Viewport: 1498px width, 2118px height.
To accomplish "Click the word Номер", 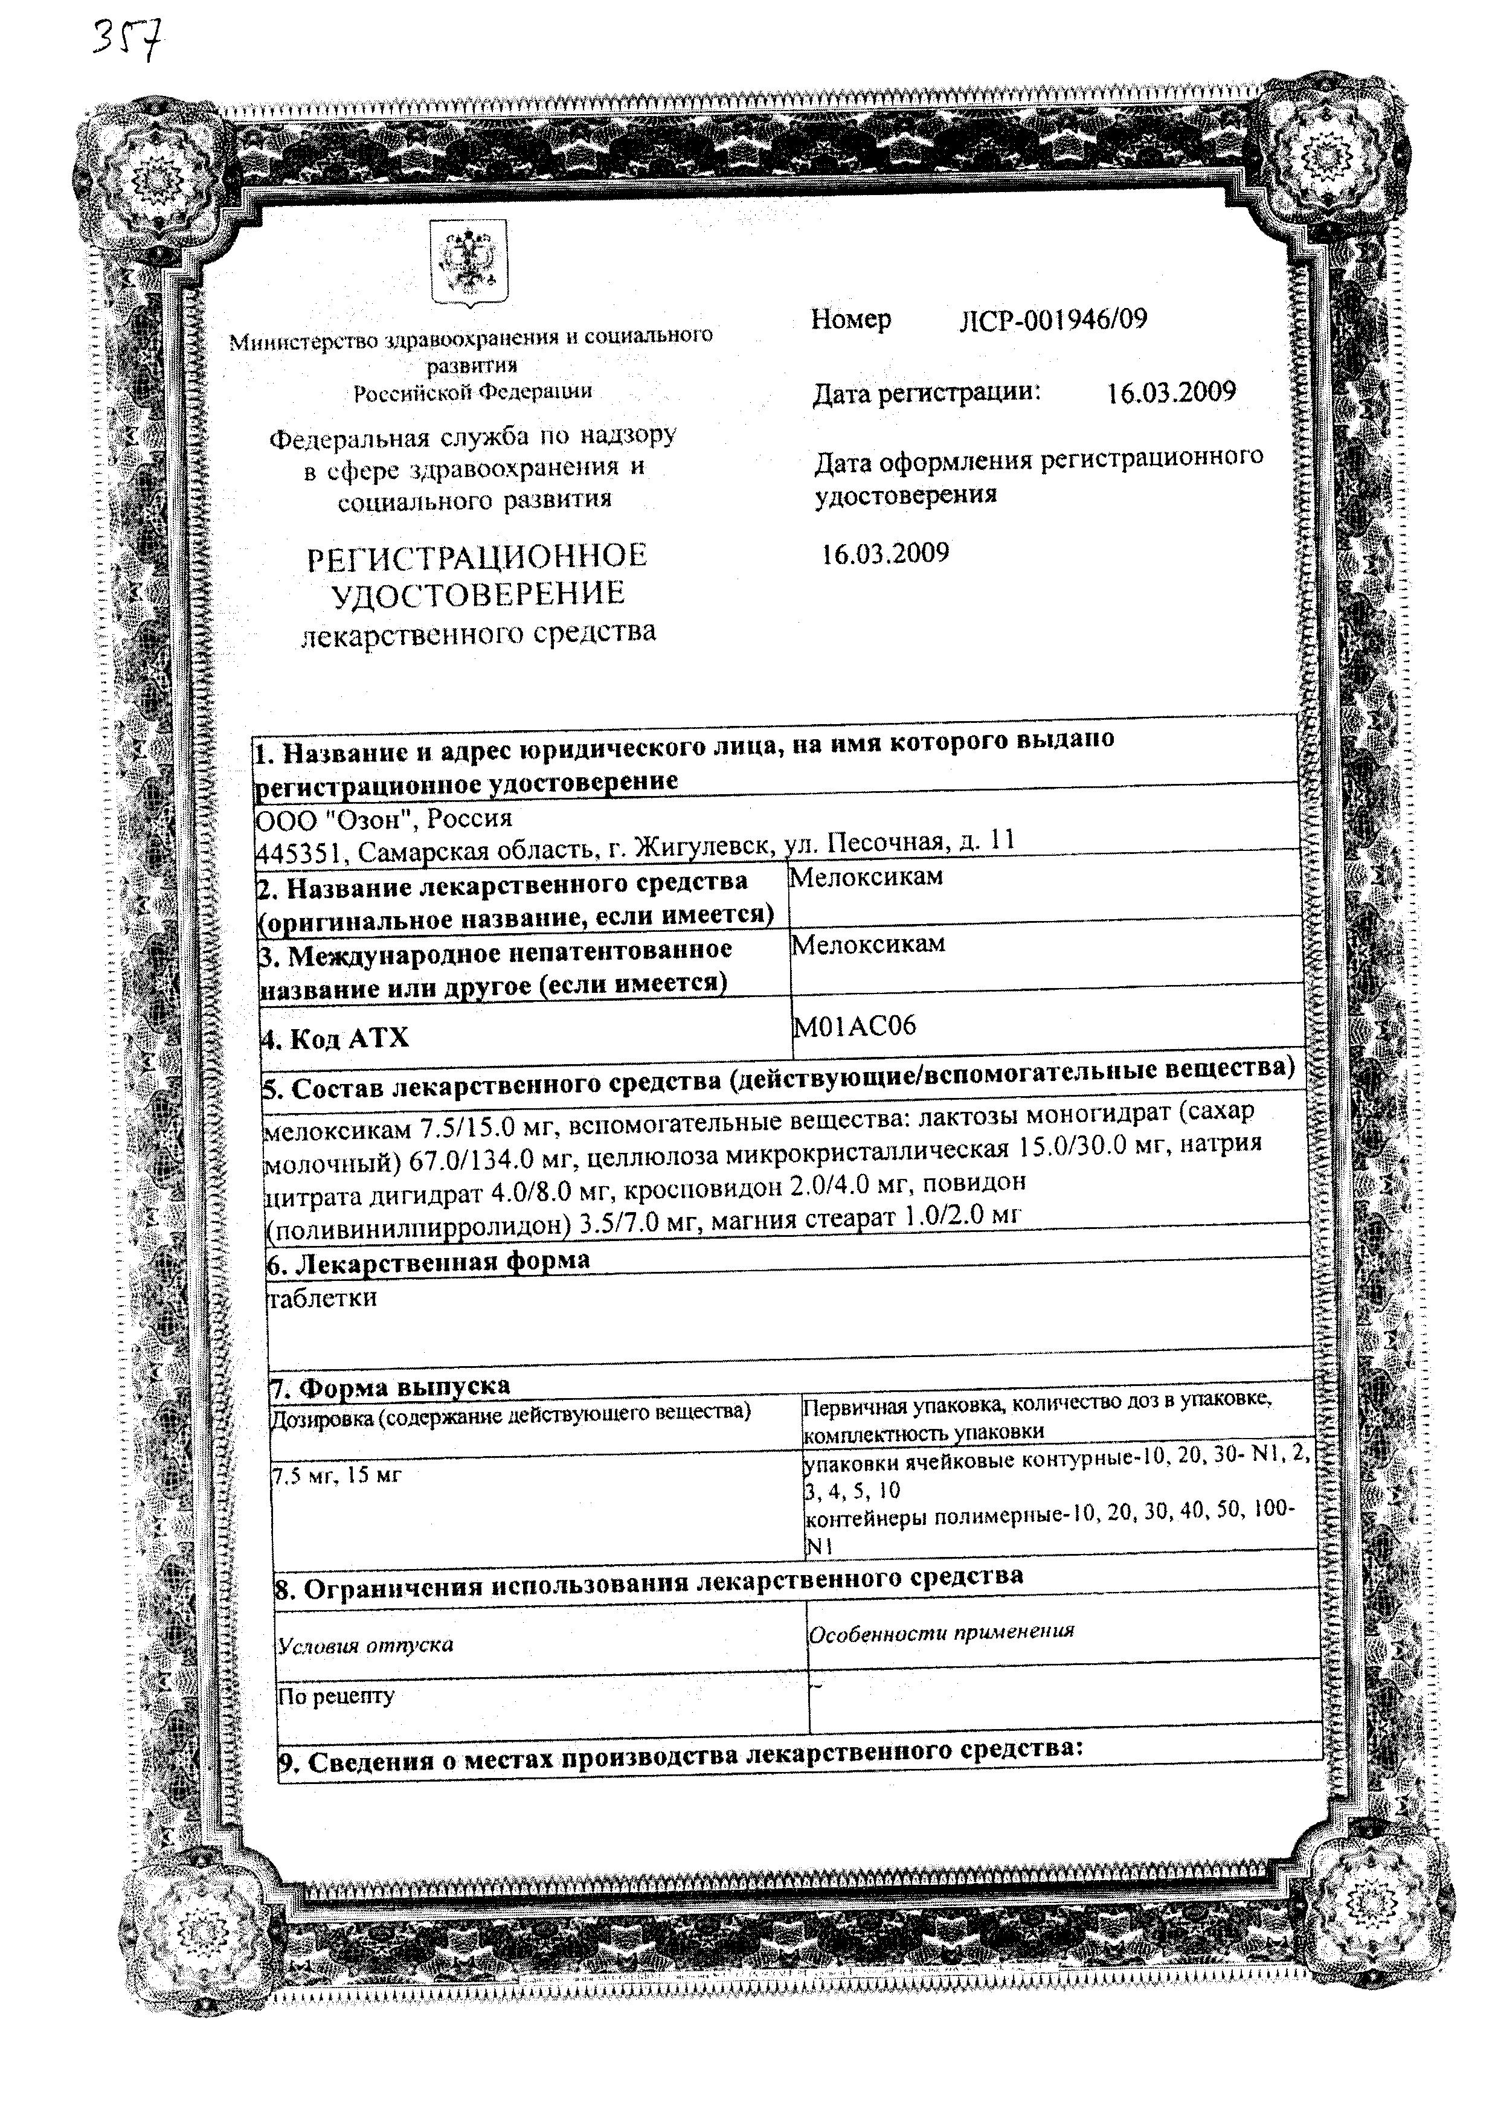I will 850,320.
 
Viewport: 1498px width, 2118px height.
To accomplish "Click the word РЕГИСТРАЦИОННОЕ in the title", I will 477,556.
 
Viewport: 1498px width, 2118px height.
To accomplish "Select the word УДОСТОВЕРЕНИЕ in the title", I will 477,593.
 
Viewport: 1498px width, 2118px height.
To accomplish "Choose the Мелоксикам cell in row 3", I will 868,944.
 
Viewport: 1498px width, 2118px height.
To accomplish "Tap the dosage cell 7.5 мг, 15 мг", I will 336,1475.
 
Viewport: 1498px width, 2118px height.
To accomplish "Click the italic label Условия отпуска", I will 366,1645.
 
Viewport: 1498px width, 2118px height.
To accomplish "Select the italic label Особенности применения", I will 941,1632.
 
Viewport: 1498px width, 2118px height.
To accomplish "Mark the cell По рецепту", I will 336,1695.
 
